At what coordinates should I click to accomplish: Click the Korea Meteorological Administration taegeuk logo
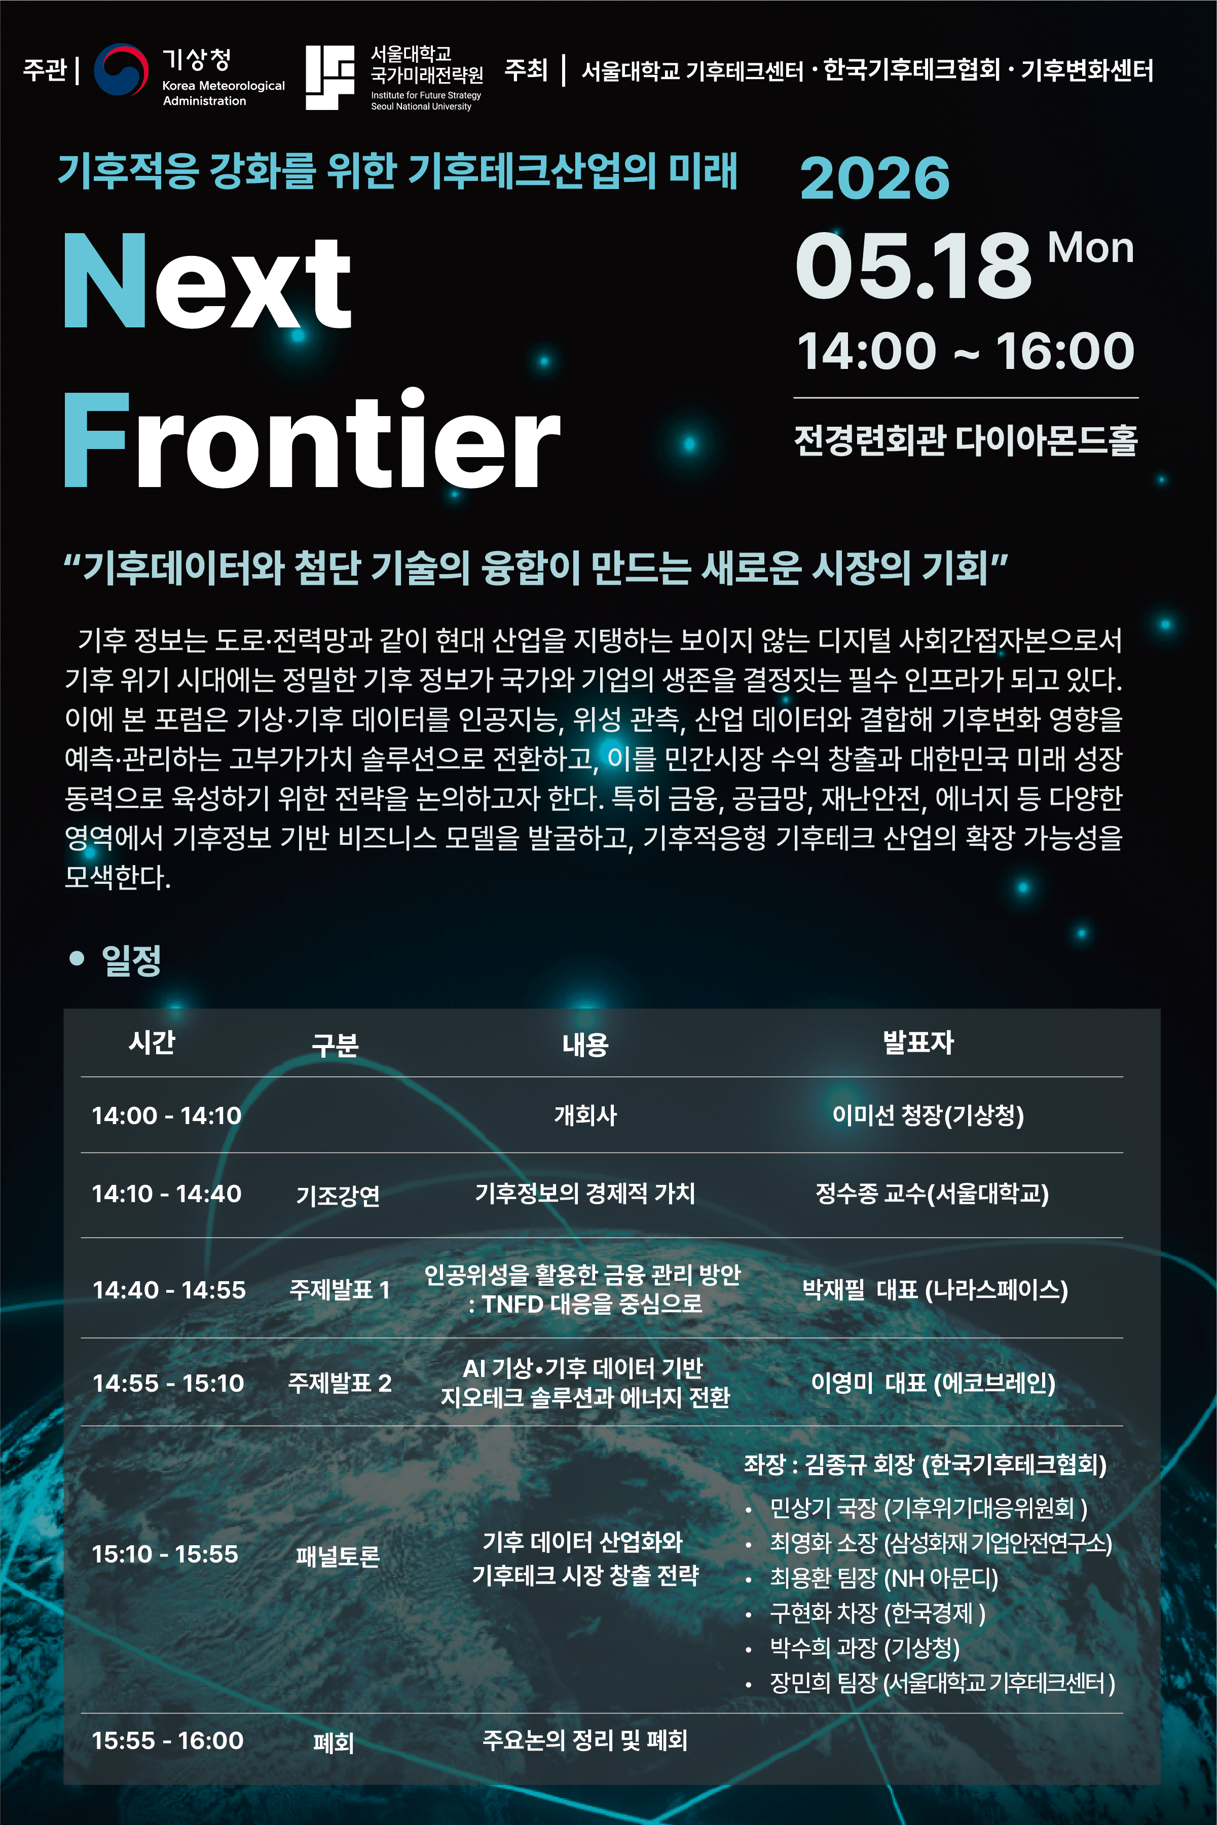pos(121,69)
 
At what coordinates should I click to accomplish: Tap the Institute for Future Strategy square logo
pos(330,77)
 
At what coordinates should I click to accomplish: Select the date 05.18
pos(913,266)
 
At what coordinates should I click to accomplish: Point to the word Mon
pos(1090,248)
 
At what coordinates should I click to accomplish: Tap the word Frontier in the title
pos(311,439)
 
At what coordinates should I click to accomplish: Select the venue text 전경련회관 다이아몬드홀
pos(966,440)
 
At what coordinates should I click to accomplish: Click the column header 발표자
pos(918,1042)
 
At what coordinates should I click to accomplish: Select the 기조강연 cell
pos(338,1195)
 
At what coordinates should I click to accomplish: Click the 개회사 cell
pos(585,1115)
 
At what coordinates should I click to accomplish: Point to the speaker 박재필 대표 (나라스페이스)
pos(935,1290)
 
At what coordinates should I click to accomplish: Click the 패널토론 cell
pos(338,1556)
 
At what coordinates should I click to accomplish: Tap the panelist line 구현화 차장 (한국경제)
pos(877,1613)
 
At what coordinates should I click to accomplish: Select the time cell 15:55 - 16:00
pos(168,1740)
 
